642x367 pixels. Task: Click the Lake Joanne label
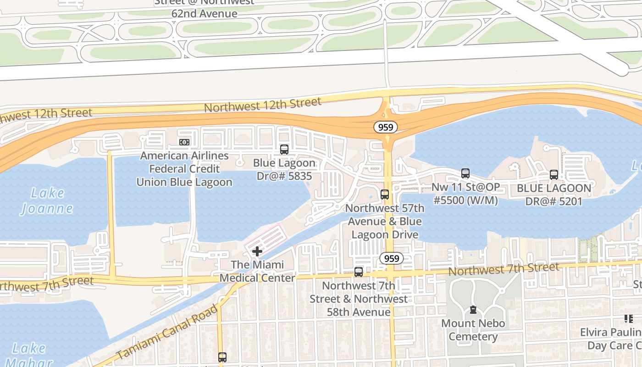click(47, 200)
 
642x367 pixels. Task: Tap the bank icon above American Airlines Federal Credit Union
click(184, 142)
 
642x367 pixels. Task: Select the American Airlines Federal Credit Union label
click(184, 169)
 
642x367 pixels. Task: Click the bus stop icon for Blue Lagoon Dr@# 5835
click(284, 150)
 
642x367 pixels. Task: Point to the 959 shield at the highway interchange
click(385, 127)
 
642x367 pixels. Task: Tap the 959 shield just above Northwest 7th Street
click(392, 258)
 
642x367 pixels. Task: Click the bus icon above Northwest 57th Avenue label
click(385, 195)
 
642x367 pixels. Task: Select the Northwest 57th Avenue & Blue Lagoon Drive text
click(385, 222)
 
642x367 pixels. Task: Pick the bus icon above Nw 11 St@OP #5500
click(465, 173)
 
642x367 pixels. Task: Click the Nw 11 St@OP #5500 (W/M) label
click(465, 194)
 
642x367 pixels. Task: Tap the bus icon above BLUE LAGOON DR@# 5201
click(554, 175)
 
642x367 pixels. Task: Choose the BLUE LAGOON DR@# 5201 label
click(554, 195)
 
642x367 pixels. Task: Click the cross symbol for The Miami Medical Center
click(257, 251)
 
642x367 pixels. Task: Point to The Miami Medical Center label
click(257, 271)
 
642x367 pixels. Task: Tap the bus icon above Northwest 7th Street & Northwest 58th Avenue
click(359, 272)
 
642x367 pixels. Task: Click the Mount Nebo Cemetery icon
click(473, 310)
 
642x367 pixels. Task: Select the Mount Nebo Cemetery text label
click(473, 330)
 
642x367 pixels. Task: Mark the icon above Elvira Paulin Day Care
click(628, 318)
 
